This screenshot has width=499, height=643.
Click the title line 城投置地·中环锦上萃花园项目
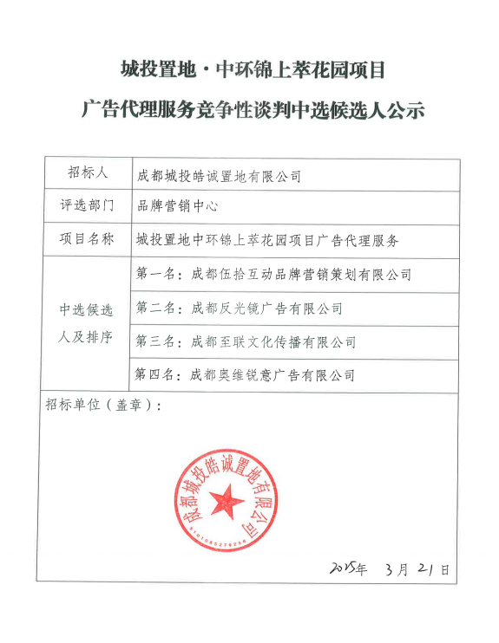(x=250, y=68)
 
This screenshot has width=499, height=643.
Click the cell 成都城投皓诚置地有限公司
(x=219, y=176)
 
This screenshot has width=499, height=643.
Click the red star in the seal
(x=229, y=499)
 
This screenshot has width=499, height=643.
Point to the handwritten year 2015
(x=345, y=568)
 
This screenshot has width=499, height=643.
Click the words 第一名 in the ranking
(x=156, y=275)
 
